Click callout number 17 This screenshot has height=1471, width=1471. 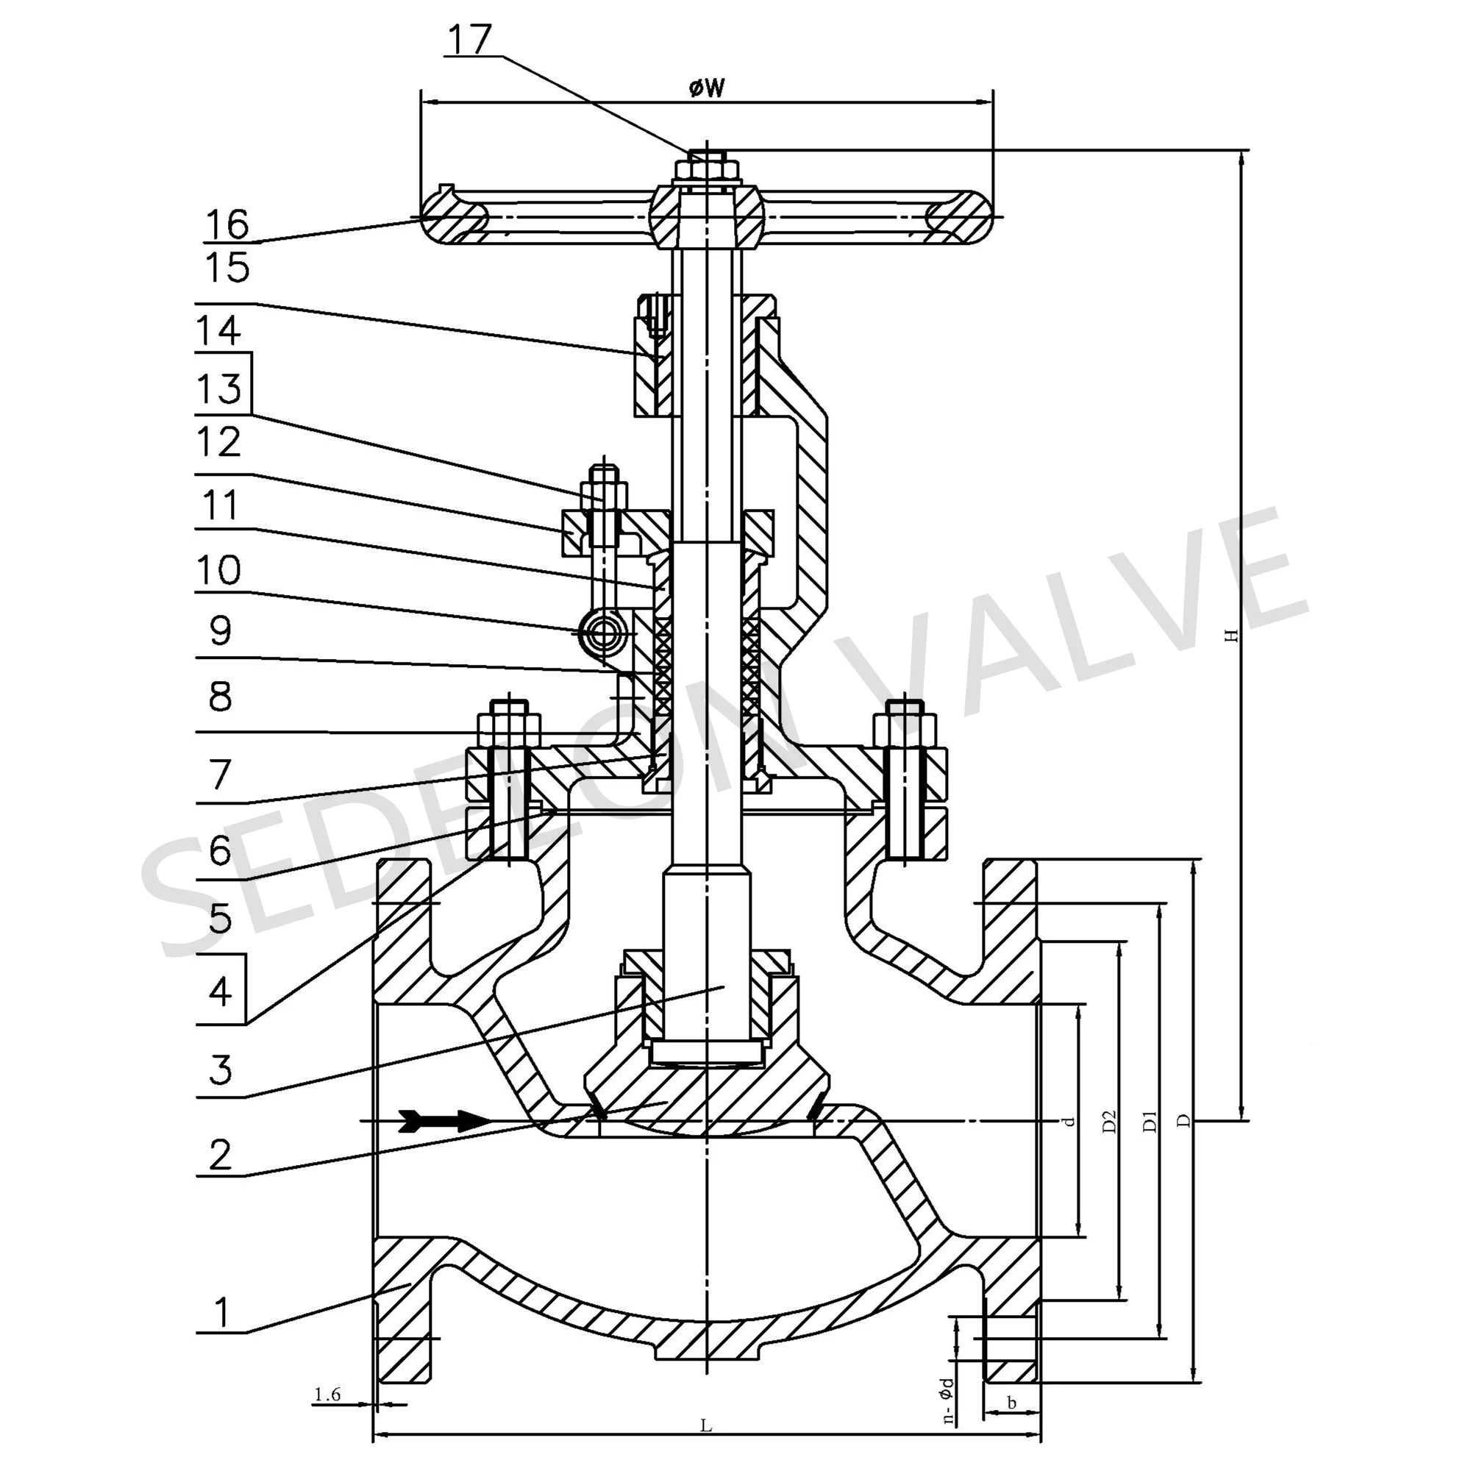tap(469, 40)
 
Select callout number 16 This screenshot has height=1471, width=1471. tap(227, 224)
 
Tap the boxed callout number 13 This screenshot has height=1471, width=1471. tap(220, 388)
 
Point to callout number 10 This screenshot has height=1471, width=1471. tap(219, 569)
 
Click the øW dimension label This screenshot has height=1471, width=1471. tap(707, 89)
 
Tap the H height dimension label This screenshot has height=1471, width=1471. tap(1228, 635)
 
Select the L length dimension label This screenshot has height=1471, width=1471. tap(706, 1425)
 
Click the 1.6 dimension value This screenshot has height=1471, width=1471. tap(327, 1395)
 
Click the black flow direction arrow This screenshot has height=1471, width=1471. tap(446, 1120)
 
